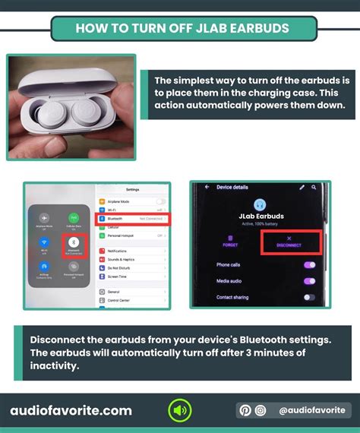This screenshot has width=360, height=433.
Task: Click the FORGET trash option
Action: tap(230, 242)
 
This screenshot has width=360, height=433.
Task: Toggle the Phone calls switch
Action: tap(309, 264)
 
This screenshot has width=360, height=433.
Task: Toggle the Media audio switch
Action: tap(309, 280)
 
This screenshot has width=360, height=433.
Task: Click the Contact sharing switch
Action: tap(309, 297)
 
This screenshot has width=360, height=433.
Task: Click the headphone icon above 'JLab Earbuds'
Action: tap(260, 204)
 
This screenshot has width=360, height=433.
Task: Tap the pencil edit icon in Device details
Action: tap(302, 187)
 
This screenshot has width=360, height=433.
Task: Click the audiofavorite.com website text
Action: tap(71, 411)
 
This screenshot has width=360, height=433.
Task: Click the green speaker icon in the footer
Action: tap(180, 411)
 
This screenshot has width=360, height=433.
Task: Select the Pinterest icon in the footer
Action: tap(245, 411)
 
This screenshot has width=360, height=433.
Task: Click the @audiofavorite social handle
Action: tap(312, 411)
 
